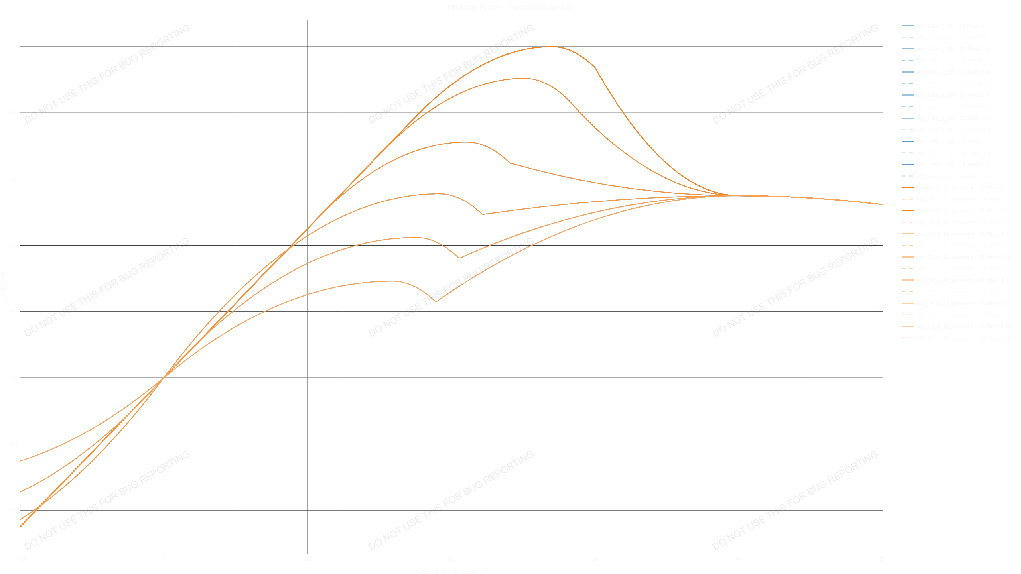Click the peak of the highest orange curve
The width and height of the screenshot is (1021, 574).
[x=551, y=47]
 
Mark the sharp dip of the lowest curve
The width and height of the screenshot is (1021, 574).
[x=436, y=302]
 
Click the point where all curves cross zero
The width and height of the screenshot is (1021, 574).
[x=164, y=377]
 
